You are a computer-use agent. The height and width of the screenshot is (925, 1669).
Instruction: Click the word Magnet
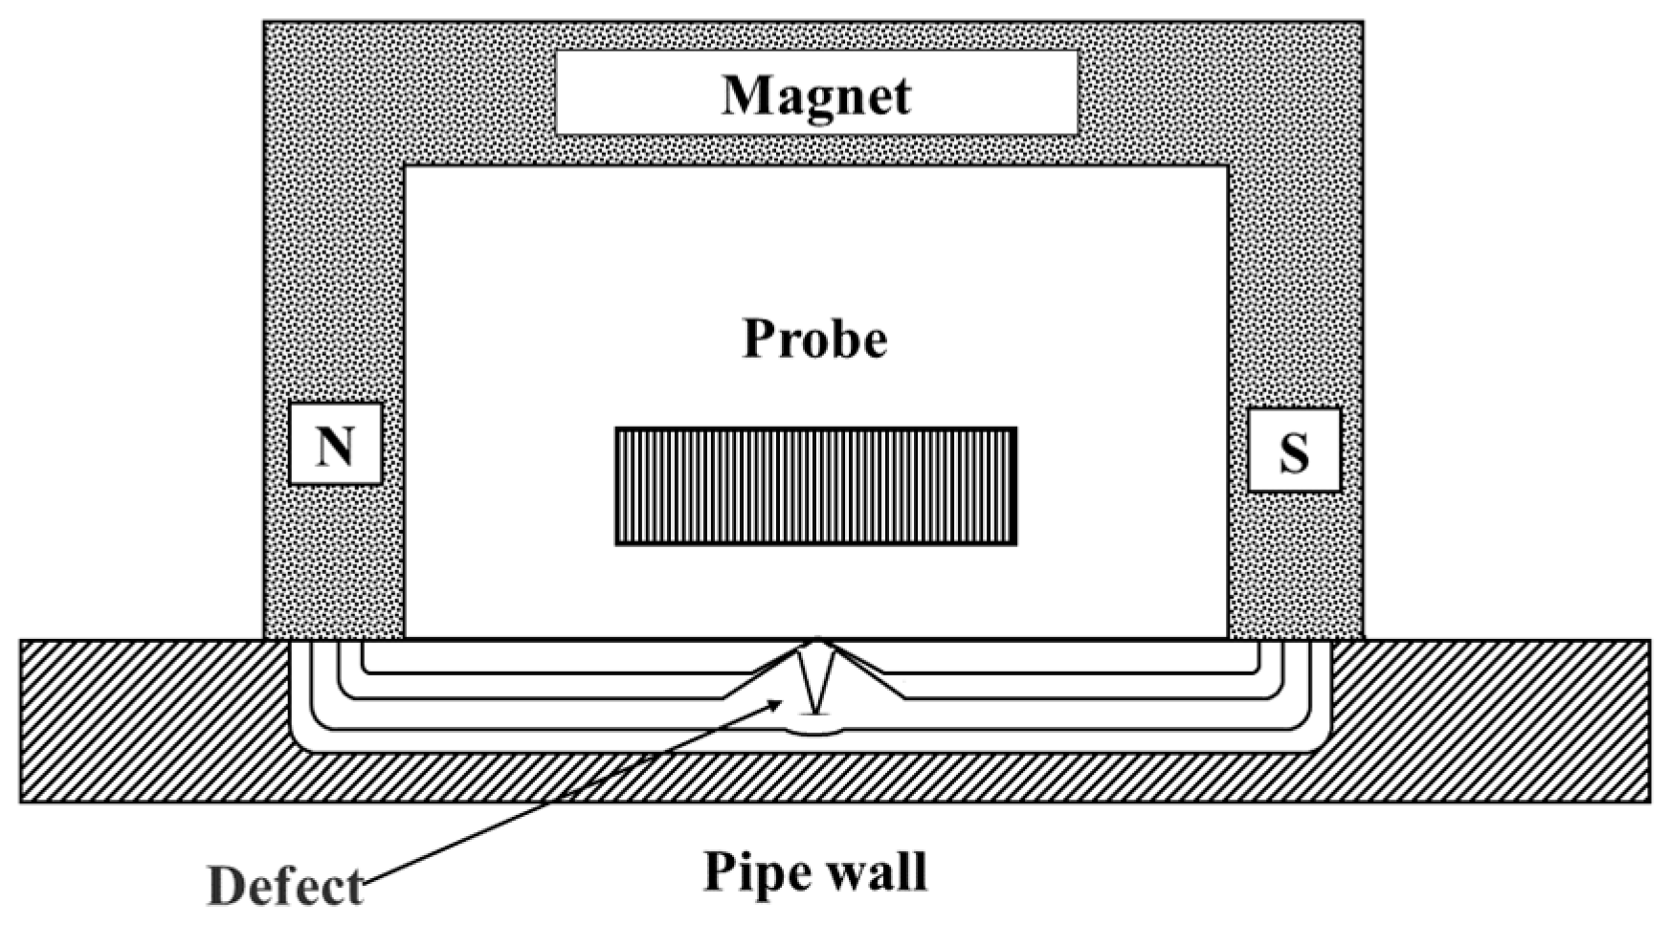816,95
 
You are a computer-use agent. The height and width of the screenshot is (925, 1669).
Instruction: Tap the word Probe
815,339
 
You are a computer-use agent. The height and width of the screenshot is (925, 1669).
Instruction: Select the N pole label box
335,444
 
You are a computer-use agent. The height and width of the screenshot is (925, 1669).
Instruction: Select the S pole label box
1294,450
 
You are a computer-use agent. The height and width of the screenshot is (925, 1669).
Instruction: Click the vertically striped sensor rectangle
815,486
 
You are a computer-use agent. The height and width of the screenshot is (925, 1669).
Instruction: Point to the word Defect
285,887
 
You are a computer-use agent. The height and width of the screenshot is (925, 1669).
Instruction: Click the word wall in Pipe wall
879,870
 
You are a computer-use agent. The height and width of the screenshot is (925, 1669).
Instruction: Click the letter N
335,446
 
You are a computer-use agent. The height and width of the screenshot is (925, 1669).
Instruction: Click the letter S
1294,451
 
